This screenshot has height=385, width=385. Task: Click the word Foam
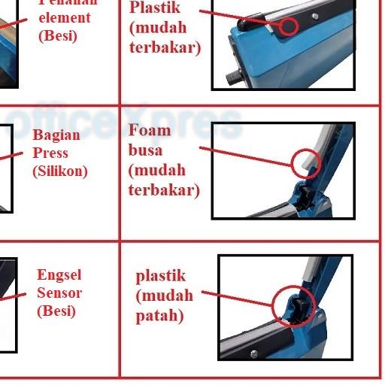click(150, 130)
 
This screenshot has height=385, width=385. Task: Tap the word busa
click(145, 150)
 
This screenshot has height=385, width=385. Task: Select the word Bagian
click(56, 135)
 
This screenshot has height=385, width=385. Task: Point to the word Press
click(50, 153)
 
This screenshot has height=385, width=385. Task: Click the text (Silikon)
click(60, 171)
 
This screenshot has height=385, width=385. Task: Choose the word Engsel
click(59, 275)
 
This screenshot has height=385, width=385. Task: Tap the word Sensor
click(59, 293)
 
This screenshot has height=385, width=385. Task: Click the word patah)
click(159, 316)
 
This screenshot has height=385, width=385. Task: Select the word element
click(64, 17)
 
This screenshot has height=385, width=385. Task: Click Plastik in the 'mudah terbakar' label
click(155, 8)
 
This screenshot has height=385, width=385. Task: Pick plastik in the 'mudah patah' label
click(160, 276)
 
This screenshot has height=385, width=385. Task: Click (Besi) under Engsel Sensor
click(56, 311)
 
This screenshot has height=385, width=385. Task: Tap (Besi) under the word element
click(58, 35)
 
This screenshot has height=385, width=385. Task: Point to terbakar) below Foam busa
click(164, 189)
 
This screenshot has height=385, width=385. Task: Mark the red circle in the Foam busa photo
click(305, 162)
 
